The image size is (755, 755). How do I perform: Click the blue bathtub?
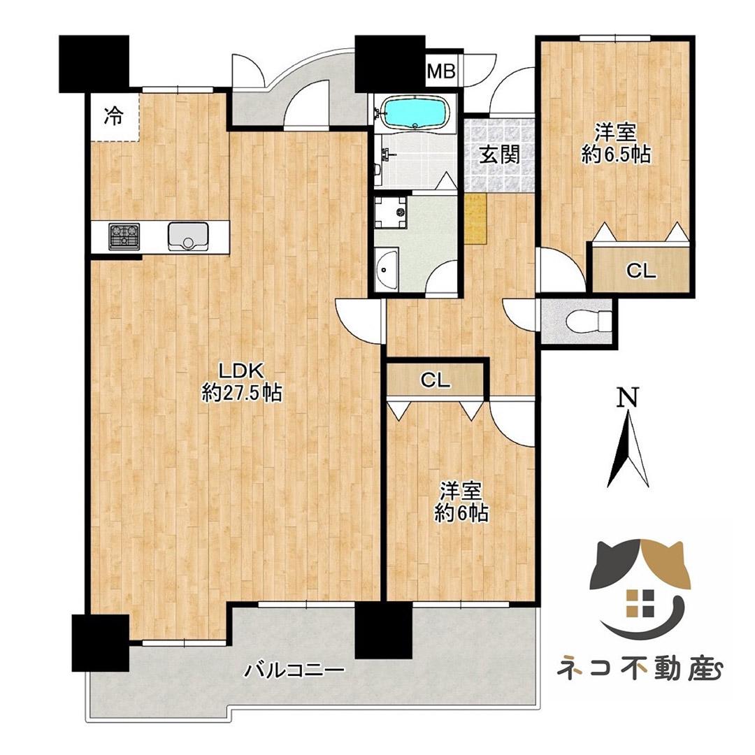[x=415, y=112]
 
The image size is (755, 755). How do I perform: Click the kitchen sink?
[x=188, y=236]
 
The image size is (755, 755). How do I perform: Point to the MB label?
[x=442, y=71]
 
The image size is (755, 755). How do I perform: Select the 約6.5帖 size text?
[x=616, y=154]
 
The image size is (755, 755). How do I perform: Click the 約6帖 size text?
[x=461, y=514]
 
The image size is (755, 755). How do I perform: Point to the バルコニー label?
[x=294, y=672]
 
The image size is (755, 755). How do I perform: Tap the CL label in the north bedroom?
[x=641, y=272]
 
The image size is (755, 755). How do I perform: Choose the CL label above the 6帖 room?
[x=434, y=381]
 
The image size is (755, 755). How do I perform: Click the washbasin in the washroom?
[x=386, y=270]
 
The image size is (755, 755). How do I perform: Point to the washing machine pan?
[x=391, y=213]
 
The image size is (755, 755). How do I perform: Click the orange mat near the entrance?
[x=475, y=218]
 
